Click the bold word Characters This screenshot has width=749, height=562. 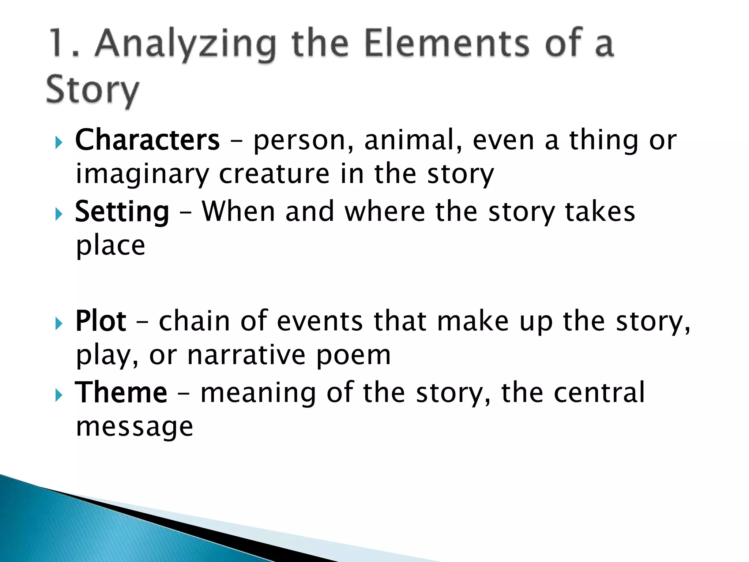(x=147, y=140)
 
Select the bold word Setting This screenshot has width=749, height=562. (x=122, y=212)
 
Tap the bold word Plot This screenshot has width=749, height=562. (x=101, y=321)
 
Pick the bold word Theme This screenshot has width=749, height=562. (x=121, y=393)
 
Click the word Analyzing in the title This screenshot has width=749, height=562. (x=185, y=45)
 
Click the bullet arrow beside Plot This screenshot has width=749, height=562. (x=59, y=323)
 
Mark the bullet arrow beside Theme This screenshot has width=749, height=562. (x=59, y=395)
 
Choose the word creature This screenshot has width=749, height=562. (x=274, y=174)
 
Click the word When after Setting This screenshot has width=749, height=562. (x=238, y=212)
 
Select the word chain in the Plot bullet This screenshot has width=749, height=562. (x=194, y=321)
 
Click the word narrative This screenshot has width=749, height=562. (x=246, y=355)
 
